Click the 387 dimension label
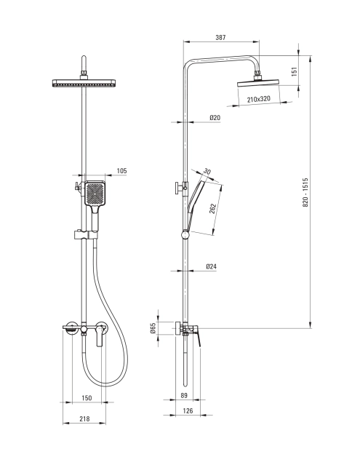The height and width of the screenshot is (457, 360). click(x=220, y=37)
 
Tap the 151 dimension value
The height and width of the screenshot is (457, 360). click(x=294, y=71)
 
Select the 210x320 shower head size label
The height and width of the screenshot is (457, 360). click(x=259, y=99)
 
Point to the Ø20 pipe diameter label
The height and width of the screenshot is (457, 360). click(x=215, y=118)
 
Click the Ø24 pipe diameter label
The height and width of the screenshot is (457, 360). click(x=211, y=266)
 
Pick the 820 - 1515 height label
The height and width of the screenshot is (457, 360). click(x=305, y=192)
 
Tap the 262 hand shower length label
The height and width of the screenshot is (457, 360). click(x=213, y=209)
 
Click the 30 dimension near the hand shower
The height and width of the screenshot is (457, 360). click(x=207, y=172)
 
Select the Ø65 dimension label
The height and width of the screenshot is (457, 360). click(x=153, y=328)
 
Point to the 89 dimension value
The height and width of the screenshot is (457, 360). click(x=184, y=395)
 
